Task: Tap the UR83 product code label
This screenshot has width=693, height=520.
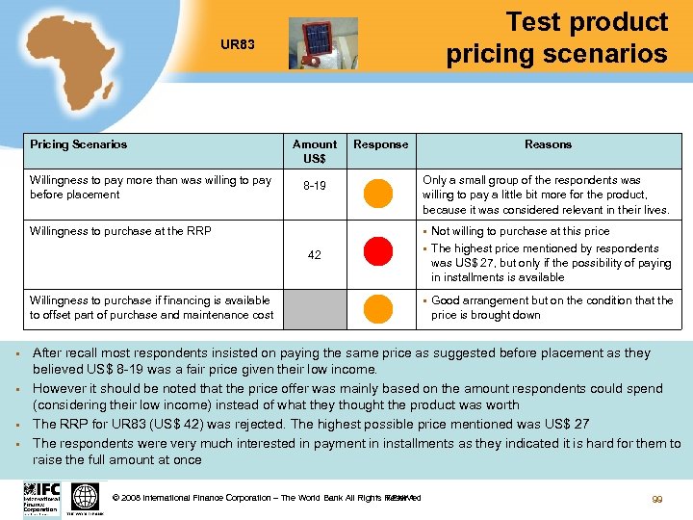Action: [238, 44]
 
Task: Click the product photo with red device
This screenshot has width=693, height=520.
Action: [322, 43]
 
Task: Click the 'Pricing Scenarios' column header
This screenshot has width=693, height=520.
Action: [78, 144]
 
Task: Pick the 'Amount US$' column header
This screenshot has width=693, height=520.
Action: [315, 150]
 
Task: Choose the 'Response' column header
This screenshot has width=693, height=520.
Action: [380, 144]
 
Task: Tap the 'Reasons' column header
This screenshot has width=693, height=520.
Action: [548, 144]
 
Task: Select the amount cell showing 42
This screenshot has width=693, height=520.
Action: [315, 255]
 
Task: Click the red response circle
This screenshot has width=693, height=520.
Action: [379, 253]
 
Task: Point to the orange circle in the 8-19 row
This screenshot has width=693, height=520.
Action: [379, 193]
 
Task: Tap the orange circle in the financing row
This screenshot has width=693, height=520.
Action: [379, 308]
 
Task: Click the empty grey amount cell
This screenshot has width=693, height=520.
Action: [315, 308]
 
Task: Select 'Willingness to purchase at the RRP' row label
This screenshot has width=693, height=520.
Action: [120, 231]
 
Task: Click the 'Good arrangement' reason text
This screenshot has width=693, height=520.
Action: [552, 308]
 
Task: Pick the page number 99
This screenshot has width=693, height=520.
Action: [658, 500]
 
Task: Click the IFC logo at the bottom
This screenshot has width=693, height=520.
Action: [41, 498]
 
